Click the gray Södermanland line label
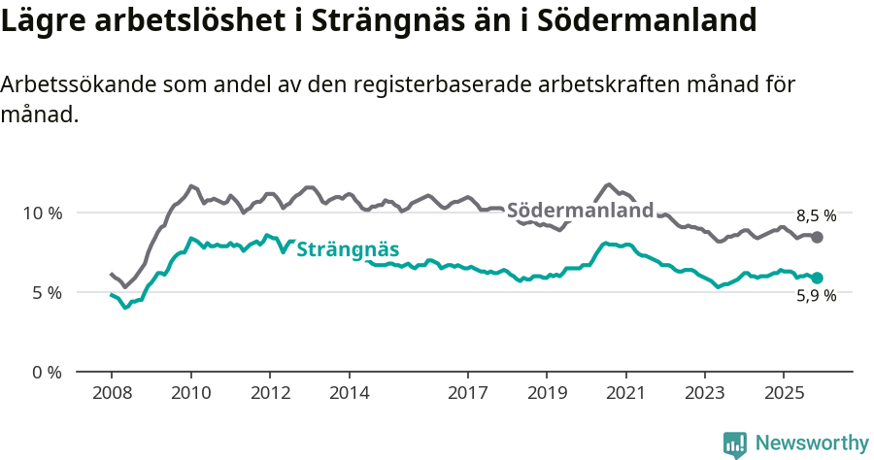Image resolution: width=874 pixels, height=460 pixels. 581,211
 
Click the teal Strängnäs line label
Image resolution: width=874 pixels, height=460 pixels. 348,248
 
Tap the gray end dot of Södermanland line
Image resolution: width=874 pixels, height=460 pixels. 818,237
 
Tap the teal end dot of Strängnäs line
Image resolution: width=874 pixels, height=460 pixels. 818,278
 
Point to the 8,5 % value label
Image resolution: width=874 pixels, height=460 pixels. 817,216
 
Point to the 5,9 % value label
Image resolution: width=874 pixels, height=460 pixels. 817,297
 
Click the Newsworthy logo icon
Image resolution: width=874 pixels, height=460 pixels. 735,444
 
